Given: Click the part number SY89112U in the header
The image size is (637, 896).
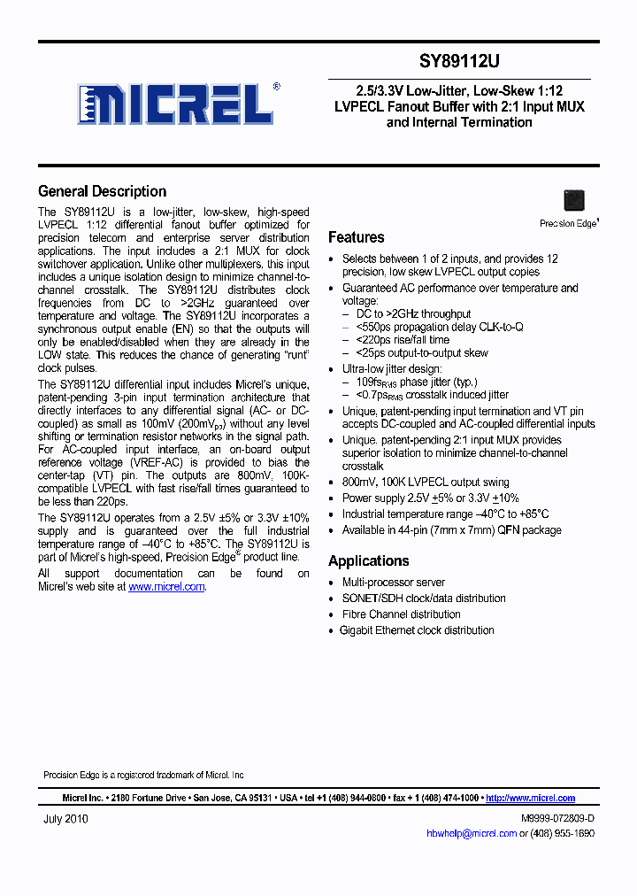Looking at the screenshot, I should click(459, 62).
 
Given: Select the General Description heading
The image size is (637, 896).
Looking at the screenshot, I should click(102, 191).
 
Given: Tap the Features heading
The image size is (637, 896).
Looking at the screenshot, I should click(356, 237).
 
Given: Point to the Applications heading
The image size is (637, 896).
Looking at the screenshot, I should click(368, 561).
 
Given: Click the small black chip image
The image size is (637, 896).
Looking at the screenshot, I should click(574, 200).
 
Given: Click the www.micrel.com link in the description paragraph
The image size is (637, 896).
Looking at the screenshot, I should click(166, 587).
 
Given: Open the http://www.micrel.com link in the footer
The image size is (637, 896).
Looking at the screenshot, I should click(531, 798).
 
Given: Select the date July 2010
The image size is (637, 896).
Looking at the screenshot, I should click(65, 819).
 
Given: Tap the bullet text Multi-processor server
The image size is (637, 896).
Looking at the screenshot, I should click(394, 583).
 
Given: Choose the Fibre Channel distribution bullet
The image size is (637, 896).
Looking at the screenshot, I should click(401, 614).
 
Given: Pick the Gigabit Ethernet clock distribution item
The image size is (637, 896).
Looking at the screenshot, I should click(418, 630).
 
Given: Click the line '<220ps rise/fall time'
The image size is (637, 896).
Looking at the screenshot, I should click(403, 340).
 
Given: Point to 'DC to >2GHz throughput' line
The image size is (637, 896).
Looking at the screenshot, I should click(413, 313).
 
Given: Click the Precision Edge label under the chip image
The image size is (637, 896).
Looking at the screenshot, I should click(568, 224).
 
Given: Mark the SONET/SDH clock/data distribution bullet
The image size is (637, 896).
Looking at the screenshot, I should click(424, 599).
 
